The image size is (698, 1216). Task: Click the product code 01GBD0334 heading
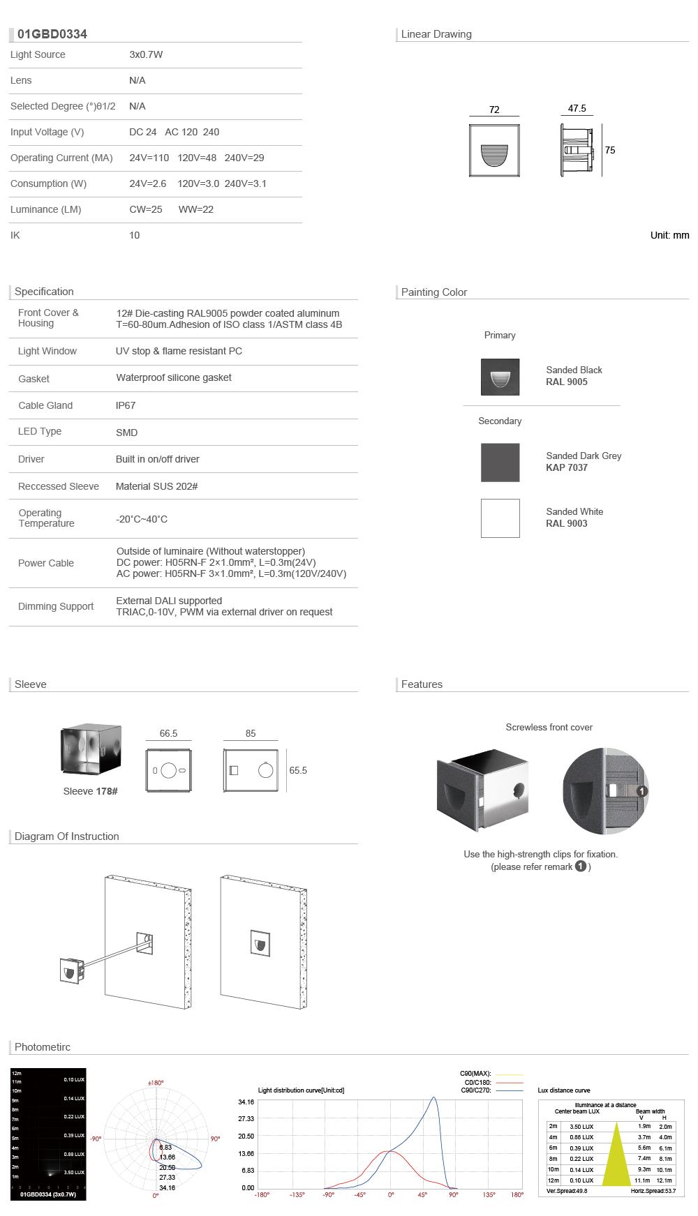pyautogui.click(x=52, y=34)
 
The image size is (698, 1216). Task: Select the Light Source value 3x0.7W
pyautogui.click(x=146, y=54)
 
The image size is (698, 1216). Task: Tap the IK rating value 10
pyautogui.click(x=135, y=235)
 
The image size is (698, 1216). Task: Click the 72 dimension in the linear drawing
pyautogui.click(x=494, y=110)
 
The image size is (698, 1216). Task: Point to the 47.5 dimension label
pyautogui.click(x=577, y=108)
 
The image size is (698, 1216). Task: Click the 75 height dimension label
pyautogui.click(x=610, y=150)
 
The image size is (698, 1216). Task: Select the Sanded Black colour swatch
pyautogui.click(x=500, y=377)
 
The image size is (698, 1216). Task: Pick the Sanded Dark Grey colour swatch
pyautogui.click(x=500, y=462)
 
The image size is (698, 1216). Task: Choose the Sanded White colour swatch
pyautogui.click(x=500, y=518)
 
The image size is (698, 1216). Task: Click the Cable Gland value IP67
pyautogui.click(x=126, y=405)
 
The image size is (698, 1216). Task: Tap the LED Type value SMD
pyautogui.click(x=126, y=433)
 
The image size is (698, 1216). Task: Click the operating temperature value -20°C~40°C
pyautogui.click(x=142, y=519)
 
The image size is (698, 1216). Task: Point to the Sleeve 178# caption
pyautogui.click(x=90, y=791)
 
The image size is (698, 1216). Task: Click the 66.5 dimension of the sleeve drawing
pyautogui.click(x=168, y=733)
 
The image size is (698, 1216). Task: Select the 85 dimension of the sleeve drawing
pyautogui.click(x=251, y=733)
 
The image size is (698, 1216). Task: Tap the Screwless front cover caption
pyautogui.click(x=549, y=727)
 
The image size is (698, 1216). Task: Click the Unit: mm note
pyautogui.click(x=669, y=235)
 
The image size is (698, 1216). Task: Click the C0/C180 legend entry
pyautogui.click(x=478, y=1082)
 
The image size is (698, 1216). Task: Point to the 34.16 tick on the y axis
pyautogui.click(x=246, y=1102)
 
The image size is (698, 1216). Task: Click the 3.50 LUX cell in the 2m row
pyautogui.click(x=581, y=1127)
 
